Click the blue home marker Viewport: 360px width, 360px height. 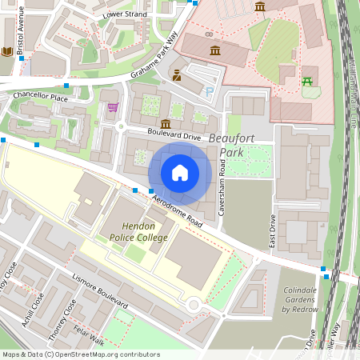180,172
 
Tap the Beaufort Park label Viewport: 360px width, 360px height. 230,145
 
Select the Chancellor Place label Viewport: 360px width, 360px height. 40,96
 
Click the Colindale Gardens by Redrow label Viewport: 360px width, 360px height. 300,299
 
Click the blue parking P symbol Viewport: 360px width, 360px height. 210,92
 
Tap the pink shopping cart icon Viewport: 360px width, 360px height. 113,107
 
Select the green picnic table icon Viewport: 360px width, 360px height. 308,81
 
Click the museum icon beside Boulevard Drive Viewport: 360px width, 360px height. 165,124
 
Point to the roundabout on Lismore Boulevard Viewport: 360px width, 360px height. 193,305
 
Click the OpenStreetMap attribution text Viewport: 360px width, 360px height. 80,354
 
